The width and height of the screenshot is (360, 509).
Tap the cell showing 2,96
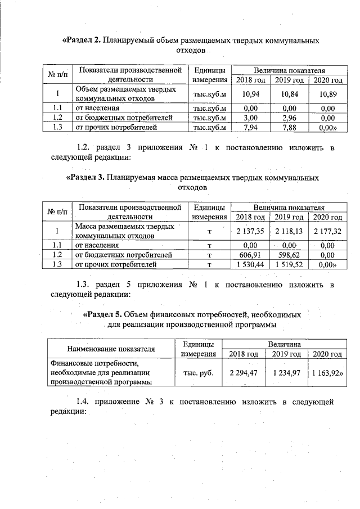(289, 118)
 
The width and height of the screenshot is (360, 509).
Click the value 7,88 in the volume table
(289, 127)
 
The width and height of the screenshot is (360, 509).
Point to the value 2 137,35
(250, 231)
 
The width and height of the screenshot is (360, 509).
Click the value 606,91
(250, 254)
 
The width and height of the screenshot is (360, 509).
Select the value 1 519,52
(289, 264)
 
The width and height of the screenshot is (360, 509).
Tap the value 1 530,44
(250, 264)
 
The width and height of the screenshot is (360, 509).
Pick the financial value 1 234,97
(287, 372)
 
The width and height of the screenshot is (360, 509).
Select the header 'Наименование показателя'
(111, 348)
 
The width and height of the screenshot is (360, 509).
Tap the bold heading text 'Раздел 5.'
(102, 314)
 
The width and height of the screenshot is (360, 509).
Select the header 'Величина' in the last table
(283, 343)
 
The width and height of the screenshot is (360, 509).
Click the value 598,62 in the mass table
(289, 254)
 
